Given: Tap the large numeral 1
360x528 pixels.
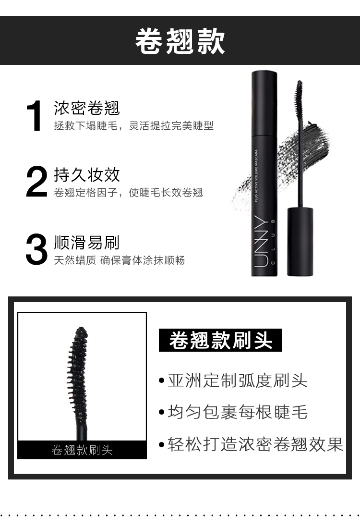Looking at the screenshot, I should pos(35,117).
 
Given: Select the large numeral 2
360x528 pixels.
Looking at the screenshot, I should pos(36,182).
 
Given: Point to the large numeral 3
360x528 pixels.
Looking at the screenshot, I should pos(36,250).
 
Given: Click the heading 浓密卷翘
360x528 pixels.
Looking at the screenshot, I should pos(86,108).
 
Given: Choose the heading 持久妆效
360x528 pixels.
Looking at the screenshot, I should pos(86,175).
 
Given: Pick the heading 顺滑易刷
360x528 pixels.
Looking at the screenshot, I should pos(86,243).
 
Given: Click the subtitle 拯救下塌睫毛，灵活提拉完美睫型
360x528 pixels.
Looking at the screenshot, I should pos(133,126).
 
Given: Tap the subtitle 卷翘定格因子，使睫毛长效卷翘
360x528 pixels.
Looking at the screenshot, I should pos(128,193).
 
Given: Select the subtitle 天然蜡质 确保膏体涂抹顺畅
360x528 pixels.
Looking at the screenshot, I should pos(119,260).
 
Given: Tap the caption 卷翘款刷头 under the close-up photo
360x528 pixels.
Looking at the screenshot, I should pos(82,450).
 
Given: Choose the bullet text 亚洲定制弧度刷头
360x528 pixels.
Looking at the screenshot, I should pos(237,381).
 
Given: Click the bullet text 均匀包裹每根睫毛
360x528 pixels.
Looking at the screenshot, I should pos(237,412).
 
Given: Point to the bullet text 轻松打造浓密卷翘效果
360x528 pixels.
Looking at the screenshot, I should pos(255,444).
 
